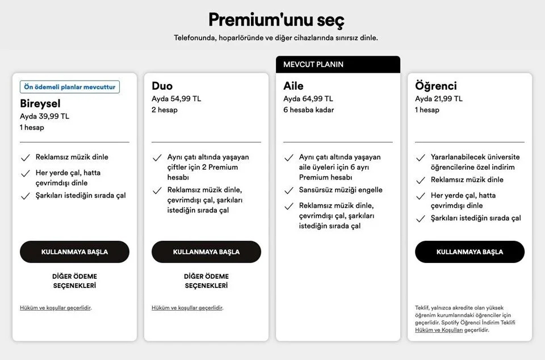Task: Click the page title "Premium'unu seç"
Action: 276,20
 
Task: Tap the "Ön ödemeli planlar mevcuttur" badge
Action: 70,87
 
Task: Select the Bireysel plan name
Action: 40,103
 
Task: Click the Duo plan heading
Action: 162,86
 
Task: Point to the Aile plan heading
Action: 294,86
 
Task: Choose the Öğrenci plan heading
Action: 436,86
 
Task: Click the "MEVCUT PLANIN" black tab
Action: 338,65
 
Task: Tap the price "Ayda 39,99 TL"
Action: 44,116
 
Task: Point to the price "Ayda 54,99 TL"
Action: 176,99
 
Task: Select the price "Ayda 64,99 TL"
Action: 308,99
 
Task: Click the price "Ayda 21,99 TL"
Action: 439,99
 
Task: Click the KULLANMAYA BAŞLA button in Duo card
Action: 206,252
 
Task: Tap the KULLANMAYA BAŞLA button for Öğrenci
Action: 469,252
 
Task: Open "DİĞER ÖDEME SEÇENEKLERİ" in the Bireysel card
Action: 74,281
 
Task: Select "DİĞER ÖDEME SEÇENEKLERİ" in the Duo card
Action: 206,281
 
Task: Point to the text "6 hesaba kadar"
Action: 308,110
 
